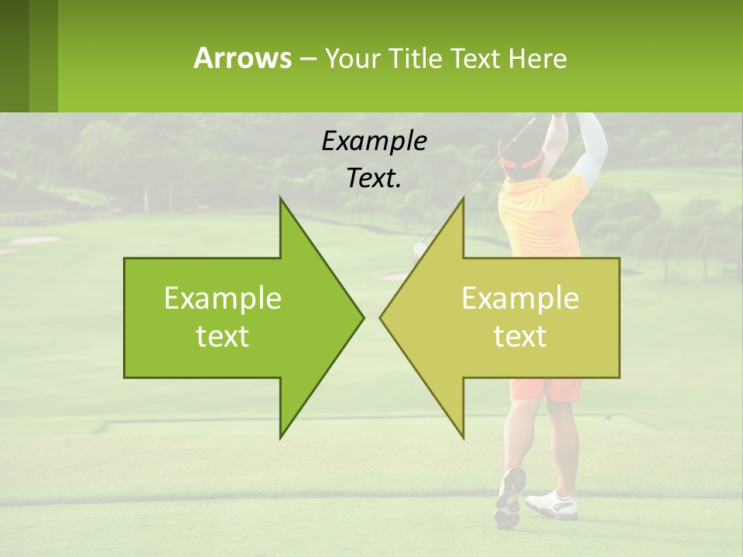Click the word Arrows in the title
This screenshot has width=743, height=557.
pyautogui.click(x=242, y=58)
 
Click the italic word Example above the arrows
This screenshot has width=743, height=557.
pyautogui.click(x=375, y=141)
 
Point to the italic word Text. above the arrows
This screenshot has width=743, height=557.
pyautogui.click(x=375, y=179)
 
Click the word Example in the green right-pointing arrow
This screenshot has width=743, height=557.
pyautogui.click(x=223, y=299)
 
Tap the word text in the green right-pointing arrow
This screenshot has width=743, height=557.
pyautogui.click(x=223, y=337)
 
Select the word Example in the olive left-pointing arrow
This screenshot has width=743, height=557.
pyautogui.click(x=520, y=299)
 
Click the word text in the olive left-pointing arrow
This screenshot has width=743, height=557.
pyautogui.click(x=520, y=337)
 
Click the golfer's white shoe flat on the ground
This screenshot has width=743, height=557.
pyautogui.click(x=553, y=504)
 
